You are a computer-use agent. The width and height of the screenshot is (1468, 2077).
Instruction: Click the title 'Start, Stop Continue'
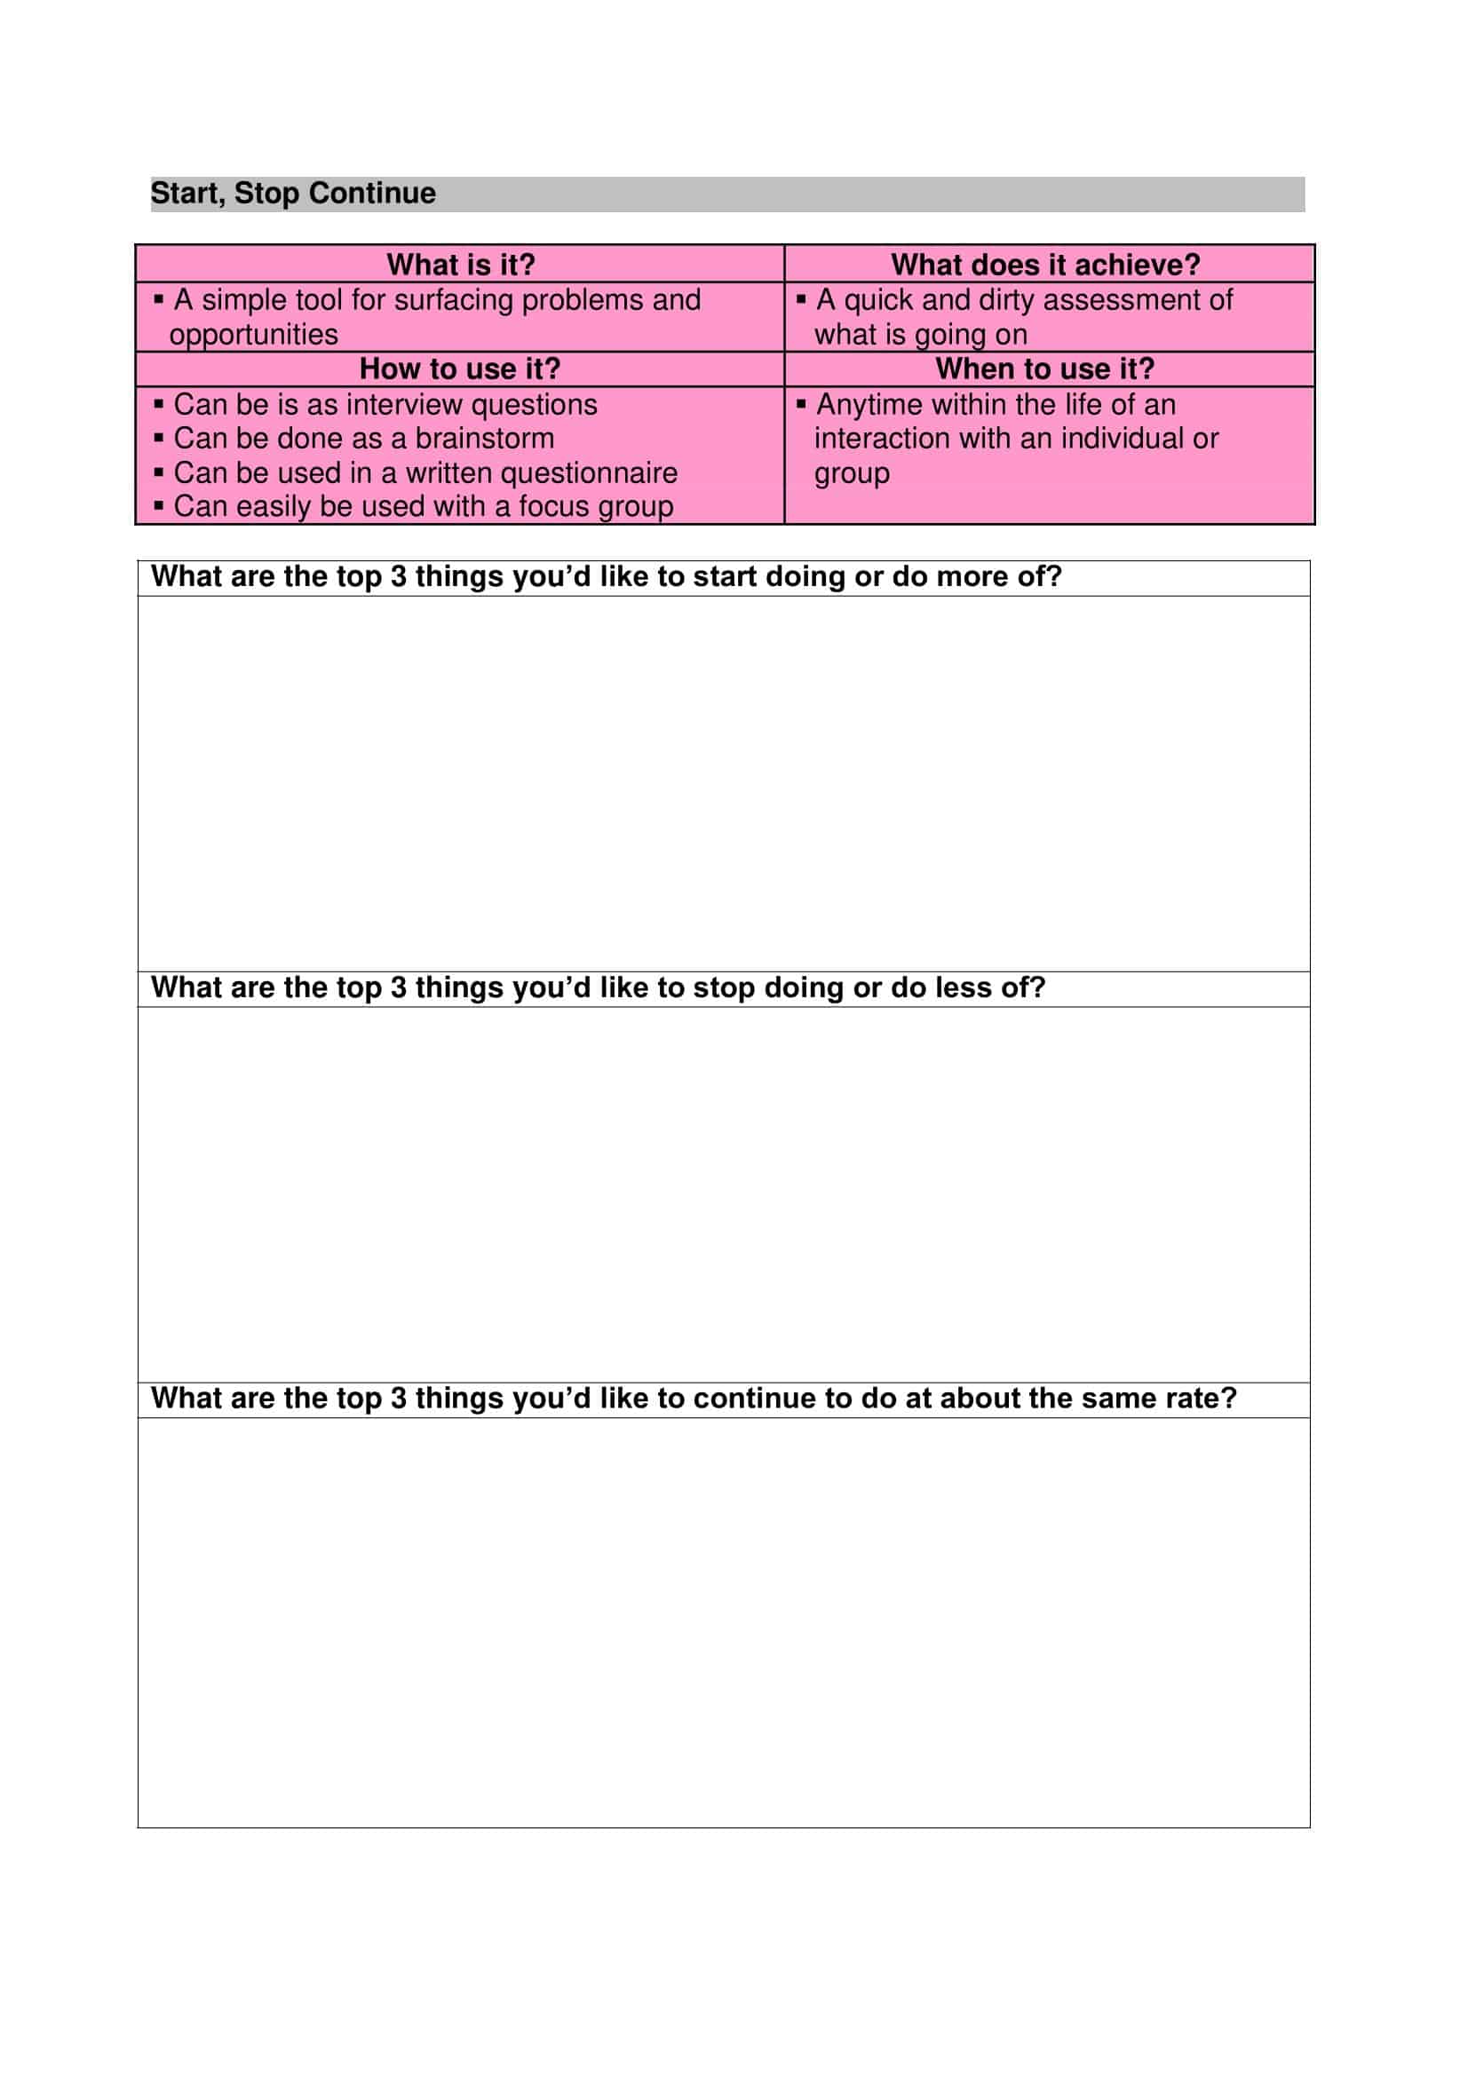click(x=293, y=194)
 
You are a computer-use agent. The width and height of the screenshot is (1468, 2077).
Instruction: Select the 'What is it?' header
click(x=460, y=264)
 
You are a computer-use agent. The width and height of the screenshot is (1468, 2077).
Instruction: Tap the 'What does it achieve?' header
click(x=1045, y=264)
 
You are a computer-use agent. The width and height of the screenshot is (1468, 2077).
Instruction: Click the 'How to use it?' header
click(x=459, y=369)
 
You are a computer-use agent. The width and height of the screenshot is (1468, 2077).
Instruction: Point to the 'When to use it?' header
click(x=1044, y=369)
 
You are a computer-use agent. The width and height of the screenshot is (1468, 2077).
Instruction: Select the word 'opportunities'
click(x=253, y=335)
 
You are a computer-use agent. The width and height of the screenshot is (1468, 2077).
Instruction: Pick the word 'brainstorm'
click(x=485, y=439)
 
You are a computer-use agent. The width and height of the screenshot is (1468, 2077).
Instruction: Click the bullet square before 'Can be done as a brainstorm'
click(x=159, y=439)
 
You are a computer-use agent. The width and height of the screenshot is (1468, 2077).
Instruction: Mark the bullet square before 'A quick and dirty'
click(x=800, y=298)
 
